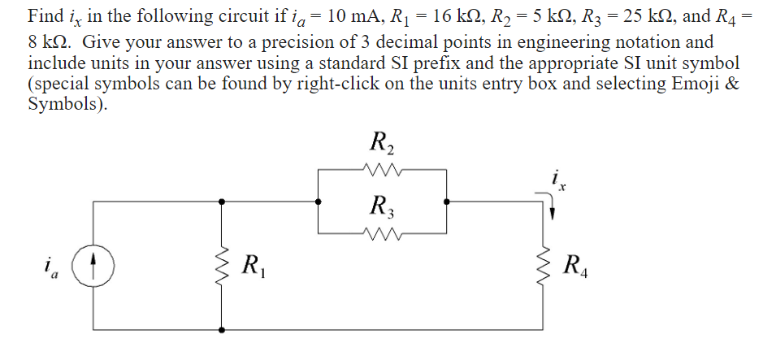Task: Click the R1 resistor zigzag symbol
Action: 221,265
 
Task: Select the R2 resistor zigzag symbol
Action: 381,170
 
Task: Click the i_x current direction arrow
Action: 553,210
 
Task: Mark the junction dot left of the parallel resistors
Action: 318,202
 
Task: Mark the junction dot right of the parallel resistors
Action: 445,202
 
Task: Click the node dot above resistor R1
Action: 221,202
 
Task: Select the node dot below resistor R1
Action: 221,329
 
